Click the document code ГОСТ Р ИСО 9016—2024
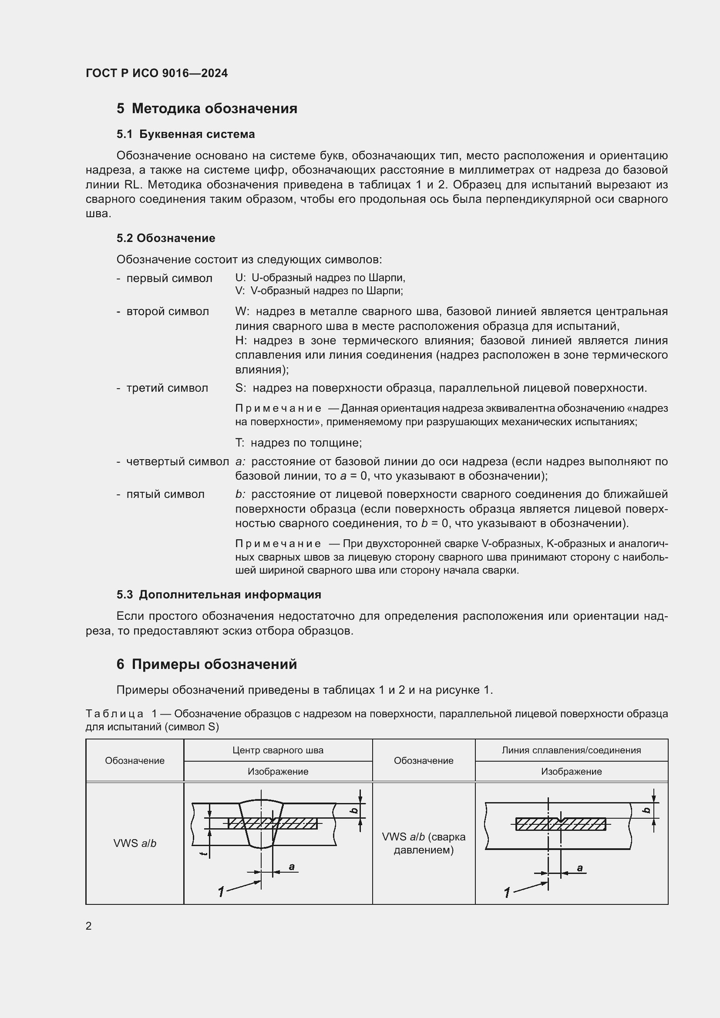click(157, 73)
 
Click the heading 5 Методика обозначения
click(207, 108)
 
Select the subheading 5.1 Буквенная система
click(185, 134)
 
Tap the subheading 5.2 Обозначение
click(166, 238)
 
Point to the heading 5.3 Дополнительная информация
click(219, 595)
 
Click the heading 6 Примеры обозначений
click(207, 664)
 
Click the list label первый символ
click(169, 279)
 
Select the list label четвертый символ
click(177, 461)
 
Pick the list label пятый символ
click(165, 494)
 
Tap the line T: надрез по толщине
click(298, 443)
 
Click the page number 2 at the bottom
click(89, 926)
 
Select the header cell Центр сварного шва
click(278, 750)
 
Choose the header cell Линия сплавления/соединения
click(571, 750)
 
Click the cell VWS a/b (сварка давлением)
click(424, 843)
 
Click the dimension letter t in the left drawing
click(203, 853)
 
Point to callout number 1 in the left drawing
click(221, 891)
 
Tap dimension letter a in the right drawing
click(579, 868)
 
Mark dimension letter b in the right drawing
click(647, 810)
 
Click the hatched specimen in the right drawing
click(560, 824)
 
